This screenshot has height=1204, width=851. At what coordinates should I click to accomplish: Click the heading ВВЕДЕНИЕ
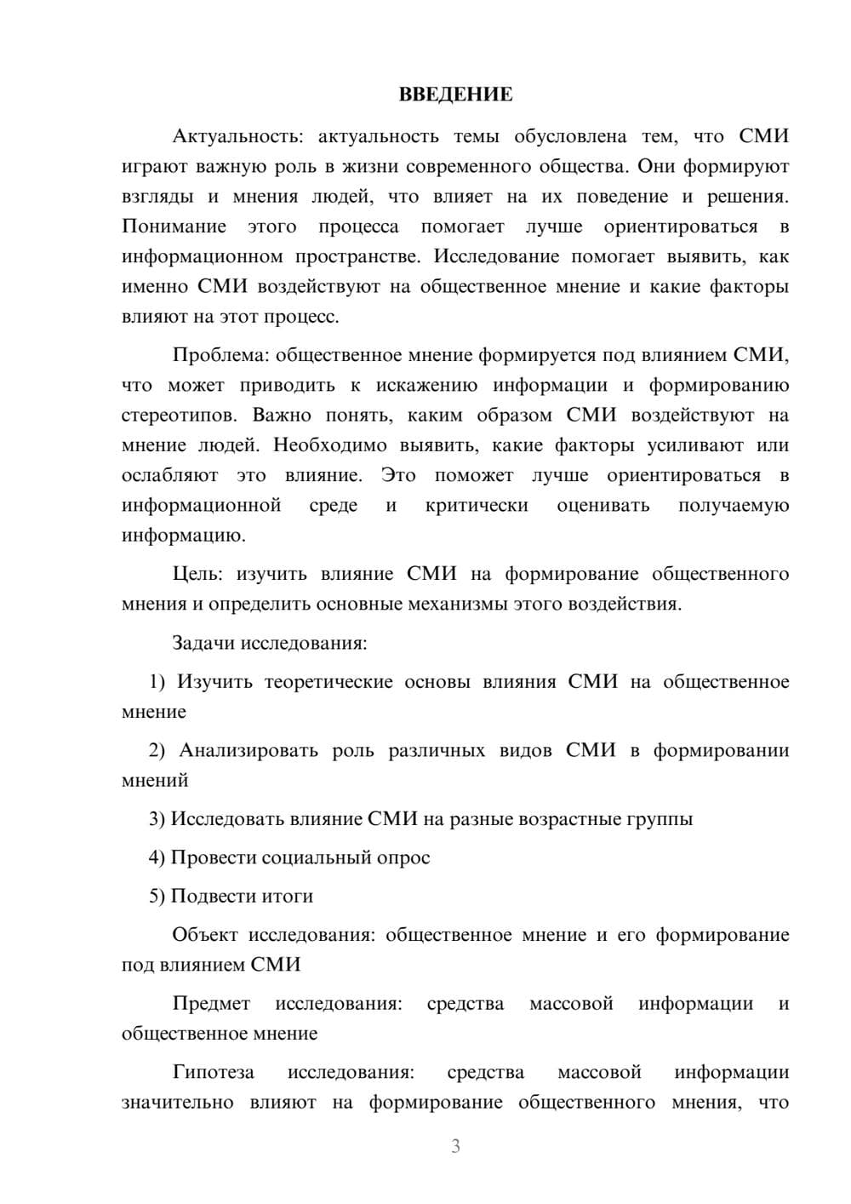[x=455, y=95]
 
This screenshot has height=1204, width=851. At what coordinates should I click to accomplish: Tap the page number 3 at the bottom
[x=455, y=1146]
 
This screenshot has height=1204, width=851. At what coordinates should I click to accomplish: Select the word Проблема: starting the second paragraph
[x=220, y=355]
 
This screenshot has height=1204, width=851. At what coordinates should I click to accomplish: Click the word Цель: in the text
[x=197, y=574]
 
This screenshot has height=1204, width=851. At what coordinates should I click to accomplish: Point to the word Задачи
[x=203, y=643]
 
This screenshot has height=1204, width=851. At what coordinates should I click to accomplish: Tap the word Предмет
[x=211, y=1003]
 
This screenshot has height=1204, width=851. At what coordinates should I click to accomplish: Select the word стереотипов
[x=180, y=416]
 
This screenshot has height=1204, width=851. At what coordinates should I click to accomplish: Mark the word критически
[x=477, y=506]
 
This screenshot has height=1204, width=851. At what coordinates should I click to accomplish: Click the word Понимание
[x=174, y=226]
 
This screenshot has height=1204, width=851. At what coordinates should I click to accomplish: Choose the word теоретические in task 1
[x=328, y=682]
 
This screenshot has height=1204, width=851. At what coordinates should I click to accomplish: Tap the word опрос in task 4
[x=403, y=857]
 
